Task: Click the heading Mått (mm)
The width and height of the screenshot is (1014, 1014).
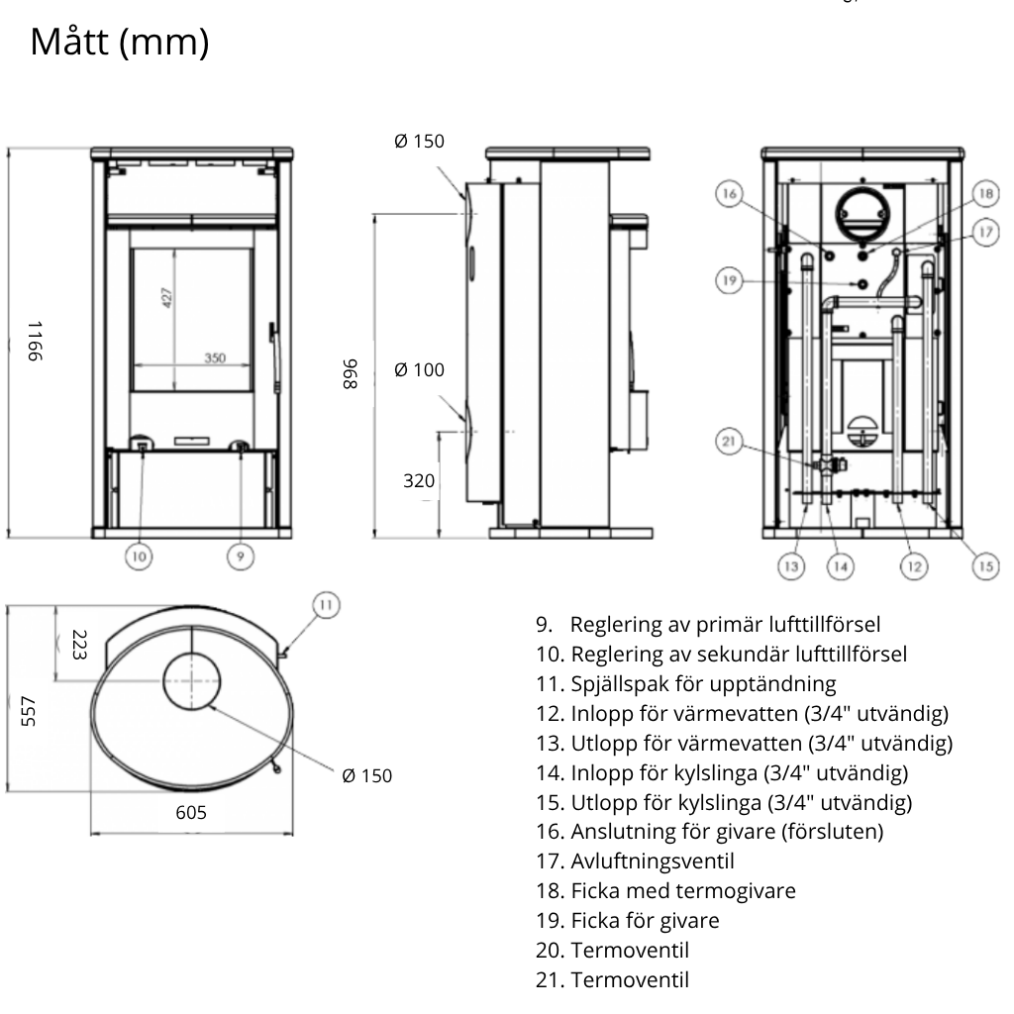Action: pos(120,43)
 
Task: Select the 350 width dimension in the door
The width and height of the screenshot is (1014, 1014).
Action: pos(216,357)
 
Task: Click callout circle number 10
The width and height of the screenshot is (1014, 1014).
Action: pos(139,558)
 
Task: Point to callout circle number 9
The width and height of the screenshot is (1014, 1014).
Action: pos(241,558)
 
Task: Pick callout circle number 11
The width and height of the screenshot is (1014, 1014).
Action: pos(326,603)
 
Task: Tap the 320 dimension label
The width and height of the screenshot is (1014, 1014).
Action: pos(419,481)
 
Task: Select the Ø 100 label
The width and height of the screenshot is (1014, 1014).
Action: pos(419,370)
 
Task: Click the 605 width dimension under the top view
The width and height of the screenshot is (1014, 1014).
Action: pos(190,812)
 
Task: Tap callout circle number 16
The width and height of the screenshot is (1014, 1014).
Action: pos(730,195)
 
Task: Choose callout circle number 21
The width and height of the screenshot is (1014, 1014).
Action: pos(730,443)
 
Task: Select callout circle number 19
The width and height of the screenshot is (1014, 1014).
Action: pos(730,280)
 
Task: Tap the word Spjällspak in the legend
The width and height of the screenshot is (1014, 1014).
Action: pos(615,683)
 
